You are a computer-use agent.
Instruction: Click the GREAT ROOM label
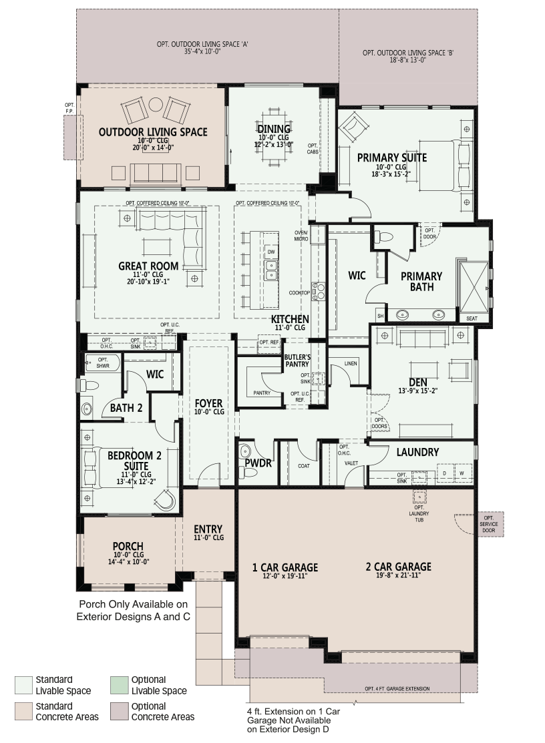tap(148, 266)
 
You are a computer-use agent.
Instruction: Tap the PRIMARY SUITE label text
tap(391, 158)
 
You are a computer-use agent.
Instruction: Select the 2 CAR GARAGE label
tap(398, 567)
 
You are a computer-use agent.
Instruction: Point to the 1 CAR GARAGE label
tap(285, 567)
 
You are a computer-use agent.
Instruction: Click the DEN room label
tap(417, 382)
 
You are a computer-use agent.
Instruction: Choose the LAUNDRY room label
tap(417, 452)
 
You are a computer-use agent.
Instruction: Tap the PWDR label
tap(256, 462)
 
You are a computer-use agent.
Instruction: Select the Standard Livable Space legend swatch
tap(23, 685)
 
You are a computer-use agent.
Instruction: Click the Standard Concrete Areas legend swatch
tap(23, 711)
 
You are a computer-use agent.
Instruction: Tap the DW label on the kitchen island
tap(270, 252)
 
